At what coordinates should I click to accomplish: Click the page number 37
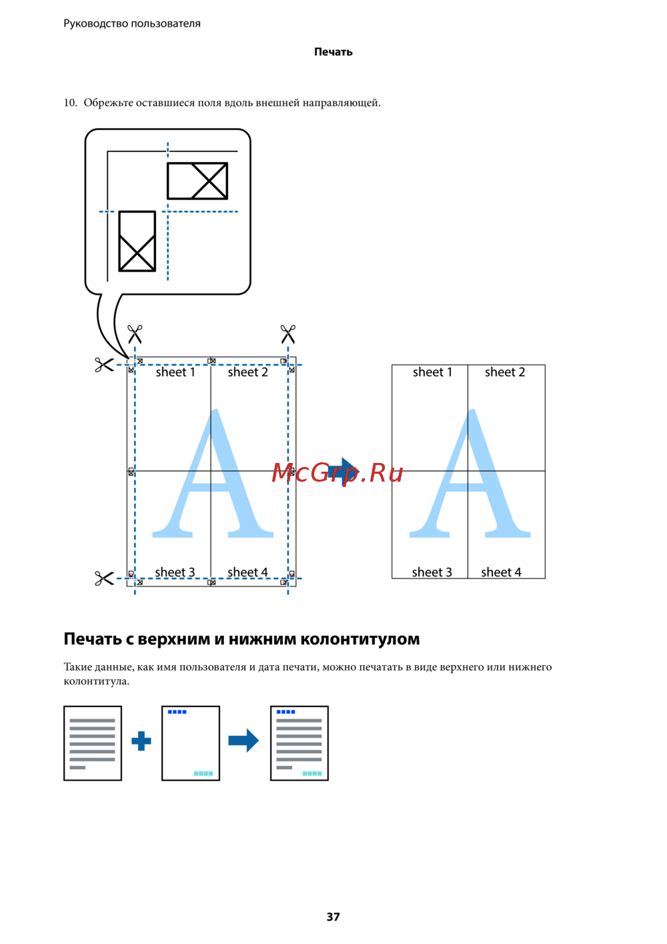[333, 917]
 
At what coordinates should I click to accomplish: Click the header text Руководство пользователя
[132, 23]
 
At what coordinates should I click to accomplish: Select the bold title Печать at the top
[333, 52]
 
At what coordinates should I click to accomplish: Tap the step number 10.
[70, 103]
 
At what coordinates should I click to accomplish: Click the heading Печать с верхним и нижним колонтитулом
[241, 639]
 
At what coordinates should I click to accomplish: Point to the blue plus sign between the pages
[141, 741]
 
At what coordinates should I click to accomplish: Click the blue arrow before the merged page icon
[243, 740]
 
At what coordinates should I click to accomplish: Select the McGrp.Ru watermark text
[338, 472]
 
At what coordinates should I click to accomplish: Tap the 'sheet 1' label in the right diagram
[432, 372]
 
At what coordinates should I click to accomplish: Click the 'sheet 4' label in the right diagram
[501, 572]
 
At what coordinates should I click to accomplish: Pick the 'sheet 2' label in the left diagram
[247, 372]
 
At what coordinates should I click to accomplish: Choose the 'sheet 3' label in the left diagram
[175, 572]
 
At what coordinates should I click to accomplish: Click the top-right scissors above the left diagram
[288, 334]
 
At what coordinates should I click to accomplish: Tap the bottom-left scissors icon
[104, 578]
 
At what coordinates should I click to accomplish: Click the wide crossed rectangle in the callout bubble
[197, 181]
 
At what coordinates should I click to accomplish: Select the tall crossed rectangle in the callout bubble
[137, 241]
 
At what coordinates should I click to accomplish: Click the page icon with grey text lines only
[93, 743]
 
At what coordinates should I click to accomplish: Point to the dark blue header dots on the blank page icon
[177, 712]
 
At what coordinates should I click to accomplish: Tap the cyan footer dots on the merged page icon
[312, 773]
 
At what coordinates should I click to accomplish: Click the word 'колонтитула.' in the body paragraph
[97, 681]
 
